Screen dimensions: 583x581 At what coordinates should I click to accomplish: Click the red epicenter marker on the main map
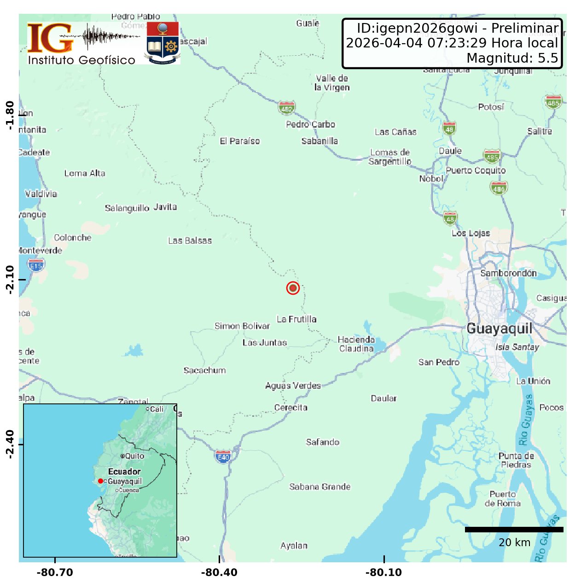(x=293, y=288)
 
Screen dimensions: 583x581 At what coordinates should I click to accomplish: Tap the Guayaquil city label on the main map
(x=499, y=329)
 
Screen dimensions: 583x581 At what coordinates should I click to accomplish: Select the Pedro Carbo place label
(x=310, y=124)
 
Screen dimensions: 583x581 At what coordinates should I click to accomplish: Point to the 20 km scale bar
(x=514, y=530)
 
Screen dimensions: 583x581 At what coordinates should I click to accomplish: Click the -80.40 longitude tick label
(x=219, y=572)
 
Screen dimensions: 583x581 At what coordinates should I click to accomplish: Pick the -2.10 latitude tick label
(x=9, y=280)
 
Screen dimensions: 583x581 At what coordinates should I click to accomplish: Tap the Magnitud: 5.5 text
(x=512, y=58)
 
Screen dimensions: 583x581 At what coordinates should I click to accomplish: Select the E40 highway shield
(x=223, y=457)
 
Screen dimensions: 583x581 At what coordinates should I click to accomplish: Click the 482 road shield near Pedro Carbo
(x=286, y=108)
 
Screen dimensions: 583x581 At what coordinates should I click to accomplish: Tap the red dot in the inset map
(x=100, y=481)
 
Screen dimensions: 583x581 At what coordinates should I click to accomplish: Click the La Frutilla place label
(x=296, y=319)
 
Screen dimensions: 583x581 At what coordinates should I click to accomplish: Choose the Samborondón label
(x=508, y=273)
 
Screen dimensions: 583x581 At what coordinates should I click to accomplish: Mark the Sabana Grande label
(x=320, y=487)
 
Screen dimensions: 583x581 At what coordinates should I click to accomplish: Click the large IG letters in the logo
(x=50, y=38)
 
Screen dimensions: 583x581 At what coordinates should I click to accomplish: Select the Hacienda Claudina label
(x=356, y=344)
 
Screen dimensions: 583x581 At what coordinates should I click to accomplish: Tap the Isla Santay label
(x=517, y=347)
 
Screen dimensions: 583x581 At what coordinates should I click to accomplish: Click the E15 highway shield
(x=36, y=266)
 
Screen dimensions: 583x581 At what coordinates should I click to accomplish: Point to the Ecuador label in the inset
(x=124, y=472)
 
